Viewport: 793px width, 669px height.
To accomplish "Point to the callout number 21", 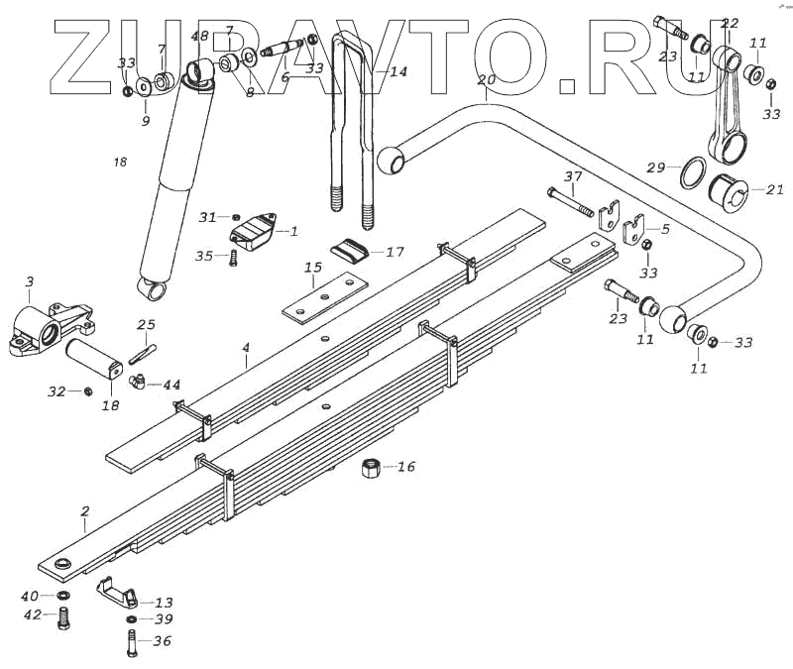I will (774, 189).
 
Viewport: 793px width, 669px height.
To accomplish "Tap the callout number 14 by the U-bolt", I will (397, 72).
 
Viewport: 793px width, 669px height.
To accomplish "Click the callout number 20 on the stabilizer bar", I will (485, 80).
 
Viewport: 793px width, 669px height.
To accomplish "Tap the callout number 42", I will (32, 614).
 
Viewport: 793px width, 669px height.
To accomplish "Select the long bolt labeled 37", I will (569, 201).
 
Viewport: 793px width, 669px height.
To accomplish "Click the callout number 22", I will (731, 24).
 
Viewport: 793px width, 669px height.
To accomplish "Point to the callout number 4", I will (244, 349).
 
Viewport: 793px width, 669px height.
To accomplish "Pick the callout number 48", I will (200, 37).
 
